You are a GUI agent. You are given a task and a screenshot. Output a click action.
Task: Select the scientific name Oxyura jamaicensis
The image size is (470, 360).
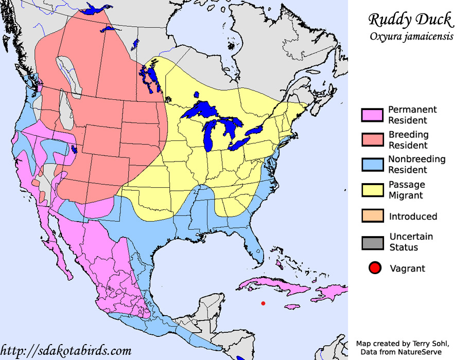pyautogui.click(x=410, y=37)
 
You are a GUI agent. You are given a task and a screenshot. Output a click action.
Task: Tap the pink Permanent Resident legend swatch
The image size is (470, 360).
pyautogui.click(x=372, y=115)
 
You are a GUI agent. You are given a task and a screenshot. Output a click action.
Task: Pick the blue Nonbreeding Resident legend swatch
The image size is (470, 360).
pyautogui.click(x=372, y=165)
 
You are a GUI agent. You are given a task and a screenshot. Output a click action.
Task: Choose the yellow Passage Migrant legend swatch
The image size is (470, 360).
pyautogui.click(x=372, y=190)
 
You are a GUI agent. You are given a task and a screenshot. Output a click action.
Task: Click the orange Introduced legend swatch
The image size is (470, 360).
pyautogui.click(x=372, y=217)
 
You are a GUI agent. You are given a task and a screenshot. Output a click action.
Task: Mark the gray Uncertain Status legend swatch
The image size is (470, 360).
pyautogui.click(x=372, y=242)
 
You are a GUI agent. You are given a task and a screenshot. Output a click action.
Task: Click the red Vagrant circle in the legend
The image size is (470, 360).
pyautogui.click(x=375, y=268)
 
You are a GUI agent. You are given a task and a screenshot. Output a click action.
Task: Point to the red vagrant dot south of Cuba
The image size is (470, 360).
pyautogui.click(x=263, y=303)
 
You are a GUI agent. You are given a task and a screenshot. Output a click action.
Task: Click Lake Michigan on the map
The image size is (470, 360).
pyautogui.click(x=210, y=136)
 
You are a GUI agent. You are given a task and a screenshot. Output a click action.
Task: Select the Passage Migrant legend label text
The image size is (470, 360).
pyautogui.click(x=406, y=190)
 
